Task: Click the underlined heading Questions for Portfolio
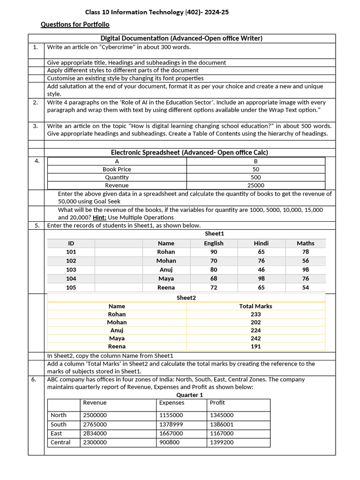pos(75,24)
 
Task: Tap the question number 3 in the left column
pos(36,126)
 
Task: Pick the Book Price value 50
pos(255,169)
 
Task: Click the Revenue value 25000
pos(255,185)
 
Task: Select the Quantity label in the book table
pos(117,177)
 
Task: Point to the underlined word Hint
pos(98,217)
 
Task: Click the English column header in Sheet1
pos(213,243)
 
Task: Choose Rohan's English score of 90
pos(213,252)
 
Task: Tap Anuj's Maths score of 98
pos(306,270)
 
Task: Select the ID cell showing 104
pos(71,278)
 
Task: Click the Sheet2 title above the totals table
pos(186,298)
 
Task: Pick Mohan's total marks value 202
pos(255,322)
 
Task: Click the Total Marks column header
pos(255,306)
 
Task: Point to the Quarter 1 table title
pos(189,395)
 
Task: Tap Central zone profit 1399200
pos(222,442)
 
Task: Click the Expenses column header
pos(172,403)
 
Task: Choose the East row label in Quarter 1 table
pos(56,434)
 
